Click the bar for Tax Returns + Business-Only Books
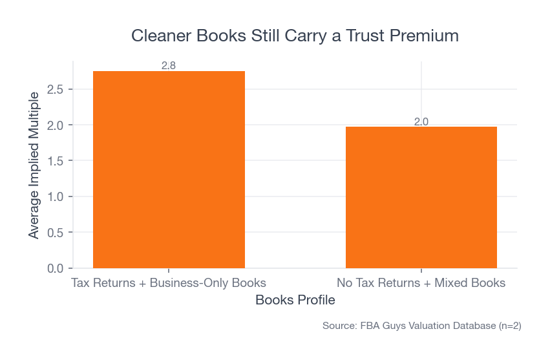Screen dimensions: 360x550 click(x=169, y=169)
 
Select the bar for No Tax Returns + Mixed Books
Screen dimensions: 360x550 click(x=421, y=197)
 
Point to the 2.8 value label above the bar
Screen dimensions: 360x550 click(x=169, y=65)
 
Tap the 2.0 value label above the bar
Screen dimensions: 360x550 click(x=421, y=121)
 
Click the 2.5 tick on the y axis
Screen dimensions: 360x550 click(x=56, y=89)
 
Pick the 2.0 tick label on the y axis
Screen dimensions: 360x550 click(x=56, y=125)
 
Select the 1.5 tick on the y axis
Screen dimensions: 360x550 click(x=56, y=160)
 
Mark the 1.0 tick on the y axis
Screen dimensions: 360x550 click(x=56, y=196)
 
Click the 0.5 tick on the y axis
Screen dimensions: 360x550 click(x=56, y=232)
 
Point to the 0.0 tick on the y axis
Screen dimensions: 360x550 click(x=56, y=268)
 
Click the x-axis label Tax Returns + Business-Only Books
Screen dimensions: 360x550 click(x=169, y=283)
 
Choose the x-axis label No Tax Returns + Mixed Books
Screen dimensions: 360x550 click(x=421, y=283)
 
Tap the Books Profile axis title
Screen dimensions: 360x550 click(x=295, y=301)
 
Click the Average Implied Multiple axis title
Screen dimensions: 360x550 click(x=34, y=165)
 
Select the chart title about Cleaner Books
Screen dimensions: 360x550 click(x=295, y=36)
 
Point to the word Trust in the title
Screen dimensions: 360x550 click(x=364, y=36)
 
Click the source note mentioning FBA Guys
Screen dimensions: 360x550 click(x=421, y=326)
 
